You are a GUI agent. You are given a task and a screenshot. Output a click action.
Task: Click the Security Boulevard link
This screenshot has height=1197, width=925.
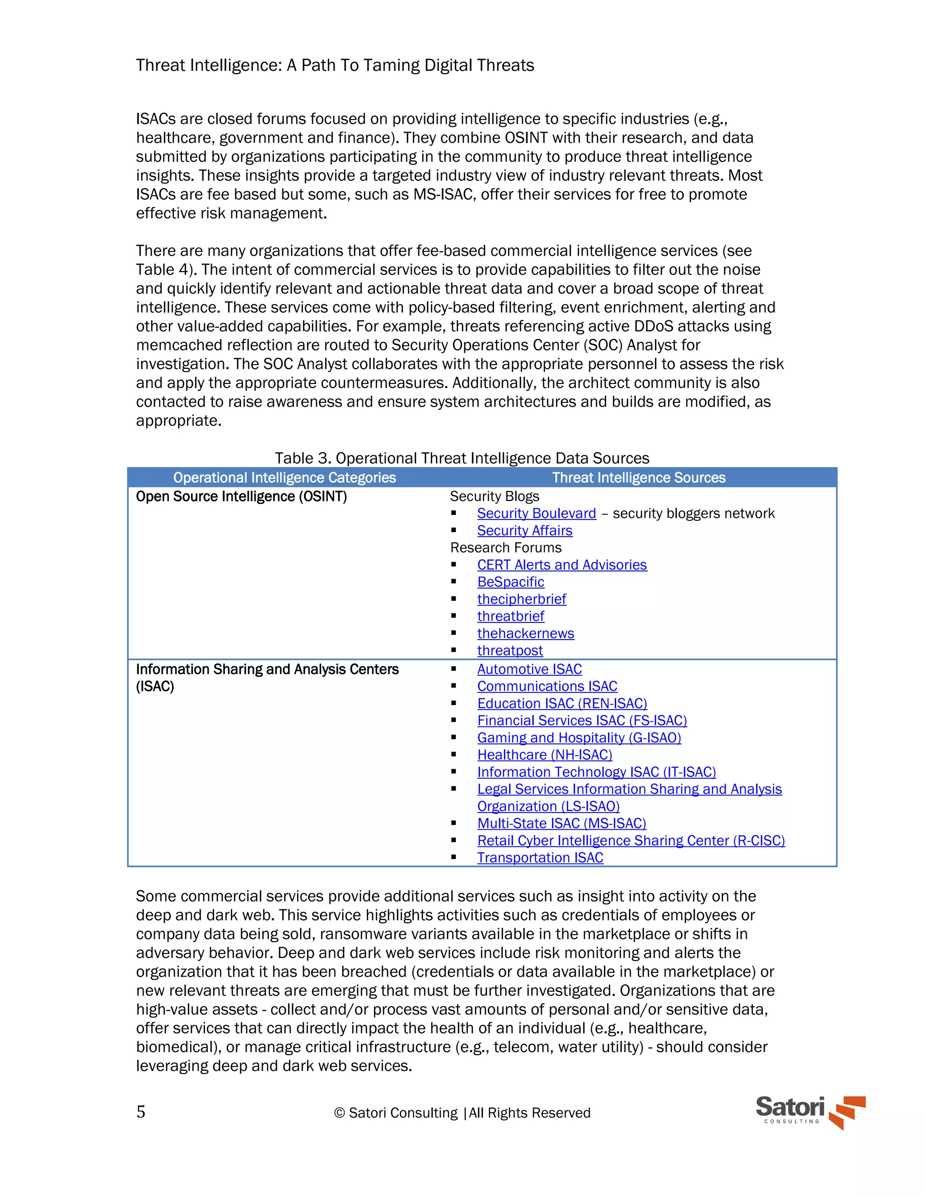point(536,514)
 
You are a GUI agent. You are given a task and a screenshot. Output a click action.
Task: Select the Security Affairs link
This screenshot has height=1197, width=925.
point(524,531)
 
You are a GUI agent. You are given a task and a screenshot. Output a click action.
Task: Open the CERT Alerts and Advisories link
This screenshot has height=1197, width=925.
point(562,565)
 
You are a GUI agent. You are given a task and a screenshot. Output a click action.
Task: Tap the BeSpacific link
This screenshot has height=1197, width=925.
point(510,582)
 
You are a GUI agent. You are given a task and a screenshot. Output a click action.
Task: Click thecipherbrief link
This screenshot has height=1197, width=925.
point(521,599)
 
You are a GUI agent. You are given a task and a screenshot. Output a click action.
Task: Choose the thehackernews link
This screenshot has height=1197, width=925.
point(525,634)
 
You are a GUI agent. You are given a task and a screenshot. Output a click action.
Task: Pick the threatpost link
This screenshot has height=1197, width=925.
point(509,650)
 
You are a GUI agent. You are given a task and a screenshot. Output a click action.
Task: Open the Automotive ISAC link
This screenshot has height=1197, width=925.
point(529,669)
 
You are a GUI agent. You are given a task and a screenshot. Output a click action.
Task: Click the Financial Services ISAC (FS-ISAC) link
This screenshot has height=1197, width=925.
point(581,721)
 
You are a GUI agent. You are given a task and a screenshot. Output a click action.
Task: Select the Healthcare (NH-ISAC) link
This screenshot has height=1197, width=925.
point(544,755)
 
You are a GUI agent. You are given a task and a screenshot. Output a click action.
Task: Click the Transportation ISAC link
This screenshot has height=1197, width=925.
point(540,858)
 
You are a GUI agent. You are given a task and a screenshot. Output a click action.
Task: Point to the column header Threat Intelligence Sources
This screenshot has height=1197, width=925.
point(638,478)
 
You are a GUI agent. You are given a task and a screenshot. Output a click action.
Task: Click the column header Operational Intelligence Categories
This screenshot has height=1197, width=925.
point(285,478)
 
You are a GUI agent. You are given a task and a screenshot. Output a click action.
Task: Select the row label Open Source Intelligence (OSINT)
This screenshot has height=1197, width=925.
point(241,496)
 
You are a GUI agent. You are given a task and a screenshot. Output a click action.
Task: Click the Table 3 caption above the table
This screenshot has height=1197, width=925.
point(462,458)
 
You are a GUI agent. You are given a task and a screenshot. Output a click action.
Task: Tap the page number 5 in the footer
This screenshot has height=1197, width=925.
point(141,1112)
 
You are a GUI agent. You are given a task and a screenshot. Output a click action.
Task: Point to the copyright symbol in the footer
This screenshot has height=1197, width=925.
point(339,1113)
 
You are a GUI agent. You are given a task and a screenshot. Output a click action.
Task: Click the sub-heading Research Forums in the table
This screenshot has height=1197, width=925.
point(505,547)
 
